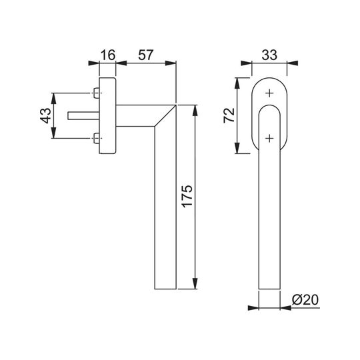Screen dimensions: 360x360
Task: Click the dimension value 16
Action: pos(108,55)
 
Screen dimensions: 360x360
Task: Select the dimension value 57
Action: pos(145,55)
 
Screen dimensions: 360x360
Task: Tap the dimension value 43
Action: pos(46,115)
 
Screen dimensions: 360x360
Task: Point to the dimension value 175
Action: pos(187,196)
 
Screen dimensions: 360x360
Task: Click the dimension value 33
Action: pos(269,55)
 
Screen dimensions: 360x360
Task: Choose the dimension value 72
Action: pos(229,115)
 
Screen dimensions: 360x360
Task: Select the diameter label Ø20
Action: pos(305,299)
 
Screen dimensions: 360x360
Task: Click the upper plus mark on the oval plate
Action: pos(269,93)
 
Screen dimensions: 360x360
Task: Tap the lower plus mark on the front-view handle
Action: pos(269,138)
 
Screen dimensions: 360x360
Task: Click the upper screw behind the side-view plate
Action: pos(97,93)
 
